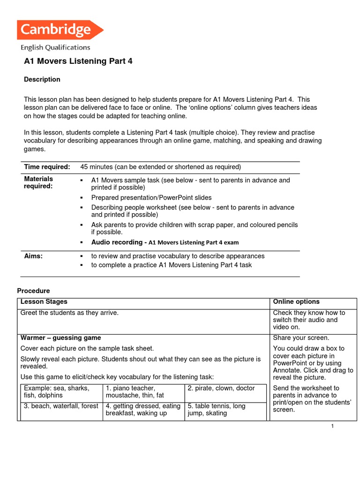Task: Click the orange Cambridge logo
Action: click(60, 30)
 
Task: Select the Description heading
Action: click(42, 79)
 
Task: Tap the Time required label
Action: click(47, 167)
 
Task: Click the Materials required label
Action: click(38, 182)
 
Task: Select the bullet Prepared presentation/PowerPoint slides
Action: click(151, 197)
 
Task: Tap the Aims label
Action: click(33, 256)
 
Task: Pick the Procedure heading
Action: click(33, 291)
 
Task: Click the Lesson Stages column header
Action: click(44, 301)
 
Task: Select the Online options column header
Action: click(296, 301)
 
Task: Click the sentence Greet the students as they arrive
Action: click(69, 313)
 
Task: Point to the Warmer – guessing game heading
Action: click(60, 337)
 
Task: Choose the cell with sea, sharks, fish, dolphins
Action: click(60, 392)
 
